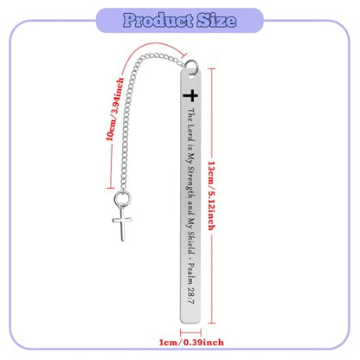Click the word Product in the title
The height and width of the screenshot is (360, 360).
[x=158, y=20]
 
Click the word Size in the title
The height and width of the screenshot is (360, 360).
[x=216, y=20]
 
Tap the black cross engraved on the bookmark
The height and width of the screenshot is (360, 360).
[x=190, y=95]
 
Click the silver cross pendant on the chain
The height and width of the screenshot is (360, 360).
[x=122, y=222]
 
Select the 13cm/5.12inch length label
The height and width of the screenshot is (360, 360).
[x=212, y=196]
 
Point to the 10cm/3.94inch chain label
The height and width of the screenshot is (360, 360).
[x=115, y=109]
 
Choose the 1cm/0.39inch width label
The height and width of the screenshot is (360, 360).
[x=191, y=343]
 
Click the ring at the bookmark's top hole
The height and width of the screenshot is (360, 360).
[x=191, y=66]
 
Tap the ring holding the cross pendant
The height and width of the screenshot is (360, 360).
[x=122, y=198]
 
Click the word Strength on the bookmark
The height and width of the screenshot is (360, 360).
[x=190, y=182]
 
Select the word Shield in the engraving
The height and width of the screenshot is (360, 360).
[x=191, y=242]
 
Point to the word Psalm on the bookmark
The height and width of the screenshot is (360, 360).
[x=191, y=273]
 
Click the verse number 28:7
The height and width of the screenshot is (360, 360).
[x=191, y=295]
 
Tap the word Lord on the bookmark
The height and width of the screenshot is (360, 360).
[x=190, y=132]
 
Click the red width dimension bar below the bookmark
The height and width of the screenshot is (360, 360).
[x=190, y=332]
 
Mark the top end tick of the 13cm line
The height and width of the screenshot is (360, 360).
[x=211, y=68]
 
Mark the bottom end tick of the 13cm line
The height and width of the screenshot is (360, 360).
[x=211, y=323]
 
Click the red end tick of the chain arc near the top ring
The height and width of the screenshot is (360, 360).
[x=184, y=55]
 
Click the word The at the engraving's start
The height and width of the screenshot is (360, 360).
[x=190, y=115]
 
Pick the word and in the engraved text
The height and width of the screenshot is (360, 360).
[x=190, y=207]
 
